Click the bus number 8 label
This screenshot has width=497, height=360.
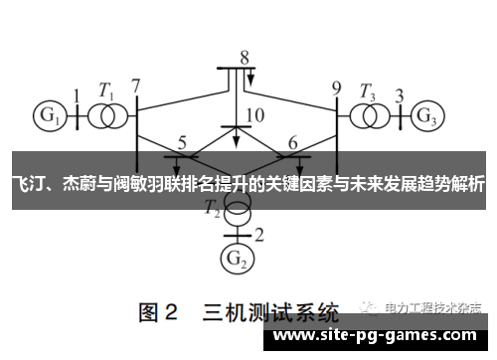click(x=244, y=56)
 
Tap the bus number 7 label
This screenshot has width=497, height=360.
click(x=136, y=86)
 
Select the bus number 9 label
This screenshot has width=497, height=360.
click(x=336, y=86)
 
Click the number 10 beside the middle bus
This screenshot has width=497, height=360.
click(x=254, y=115)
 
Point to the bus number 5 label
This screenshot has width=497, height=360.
click(x=181, y=142)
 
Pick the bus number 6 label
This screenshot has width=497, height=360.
click(x=292, y=142)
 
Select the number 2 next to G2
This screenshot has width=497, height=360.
click(x=259, y=235)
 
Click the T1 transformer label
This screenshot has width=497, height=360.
click(x=105, y=88)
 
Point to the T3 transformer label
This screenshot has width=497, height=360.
click(x=369, y=88)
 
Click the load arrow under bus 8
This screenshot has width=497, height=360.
click(x=251, y=79)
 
